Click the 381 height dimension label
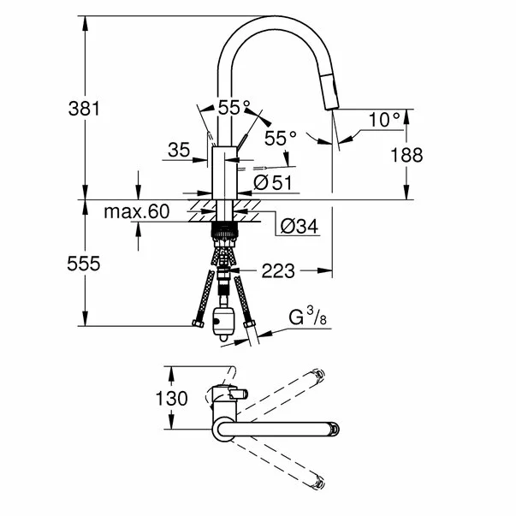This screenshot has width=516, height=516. [84, 109]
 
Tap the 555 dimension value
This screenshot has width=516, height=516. [83, 264]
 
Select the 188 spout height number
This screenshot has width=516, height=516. [406, 155]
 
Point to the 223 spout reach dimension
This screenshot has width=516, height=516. [278, 271]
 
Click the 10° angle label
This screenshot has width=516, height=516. [384, 120]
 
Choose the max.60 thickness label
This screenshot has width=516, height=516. [137, 211]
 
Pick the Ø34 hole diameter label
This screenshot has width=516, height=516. [300, 226]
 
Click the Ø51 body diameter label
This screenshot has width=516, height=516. [273, 182]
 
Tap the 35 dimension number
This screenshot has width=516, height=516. [179, 150]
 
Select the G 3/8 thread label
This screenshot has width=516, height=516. [307, 317]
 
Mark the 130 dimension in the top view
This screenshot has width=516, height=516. [171, 399]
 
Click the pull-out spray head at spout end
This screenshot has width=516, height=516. [330, 92]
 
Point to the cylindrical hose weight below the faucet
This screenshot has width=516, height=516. [223, 323]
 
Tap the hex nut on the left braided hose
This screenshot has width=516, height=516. [198, 323]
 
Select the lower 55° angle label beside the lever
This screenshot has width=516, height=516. [281, 139]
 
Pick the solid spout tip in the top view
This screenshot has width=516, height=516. [335, 429]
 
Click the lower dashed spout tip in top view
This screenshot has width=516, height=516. [318, 483]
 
